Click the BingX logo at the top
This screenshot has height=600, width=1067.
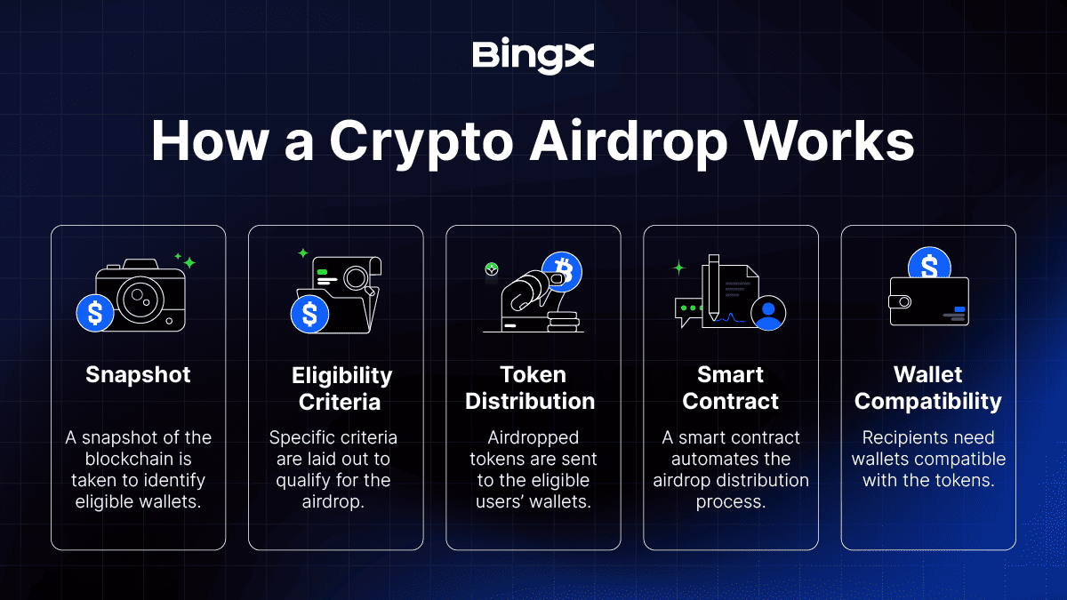click(x=533, y=56)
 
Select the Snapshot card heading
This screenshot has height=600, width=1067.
click(x=138, y=375)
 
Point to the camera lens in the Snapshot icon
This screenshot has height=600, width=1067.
click(x=140, y=300)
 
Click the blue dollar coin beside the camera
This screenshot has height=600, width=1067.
click(x=95, y=313)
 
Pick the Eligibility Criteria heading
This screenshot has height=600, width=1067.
click(x=341, y=388)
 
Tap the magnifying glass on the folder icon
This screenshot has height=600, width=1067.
click(x=358, y=280)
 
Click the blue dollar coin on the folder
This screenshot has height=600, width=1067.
click(x=309, y=315)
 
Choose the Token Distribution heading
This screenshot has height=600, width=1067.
click(x=530, y=388)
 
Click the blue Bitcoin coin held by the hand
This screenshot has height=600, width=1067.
click(x=562, y=271)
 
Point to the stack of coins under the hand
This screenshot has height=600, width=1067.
click(x=563, y=322)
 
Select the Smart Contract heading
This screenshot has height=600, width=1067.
click(x=730, y=388)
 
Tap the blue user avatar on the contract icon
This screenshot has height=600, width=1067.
click(x=768, y=313)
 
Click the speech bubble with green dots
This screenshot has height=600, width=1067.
click(x=689, y=311)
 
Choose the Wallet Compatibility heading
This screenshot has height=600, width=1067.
click(x=928, y=388)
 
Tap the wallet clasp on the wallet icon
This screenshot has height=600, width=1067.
click(x=900, y=301)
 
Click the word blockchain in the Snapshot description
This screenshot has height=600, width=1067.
click(x=138, y=459)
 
